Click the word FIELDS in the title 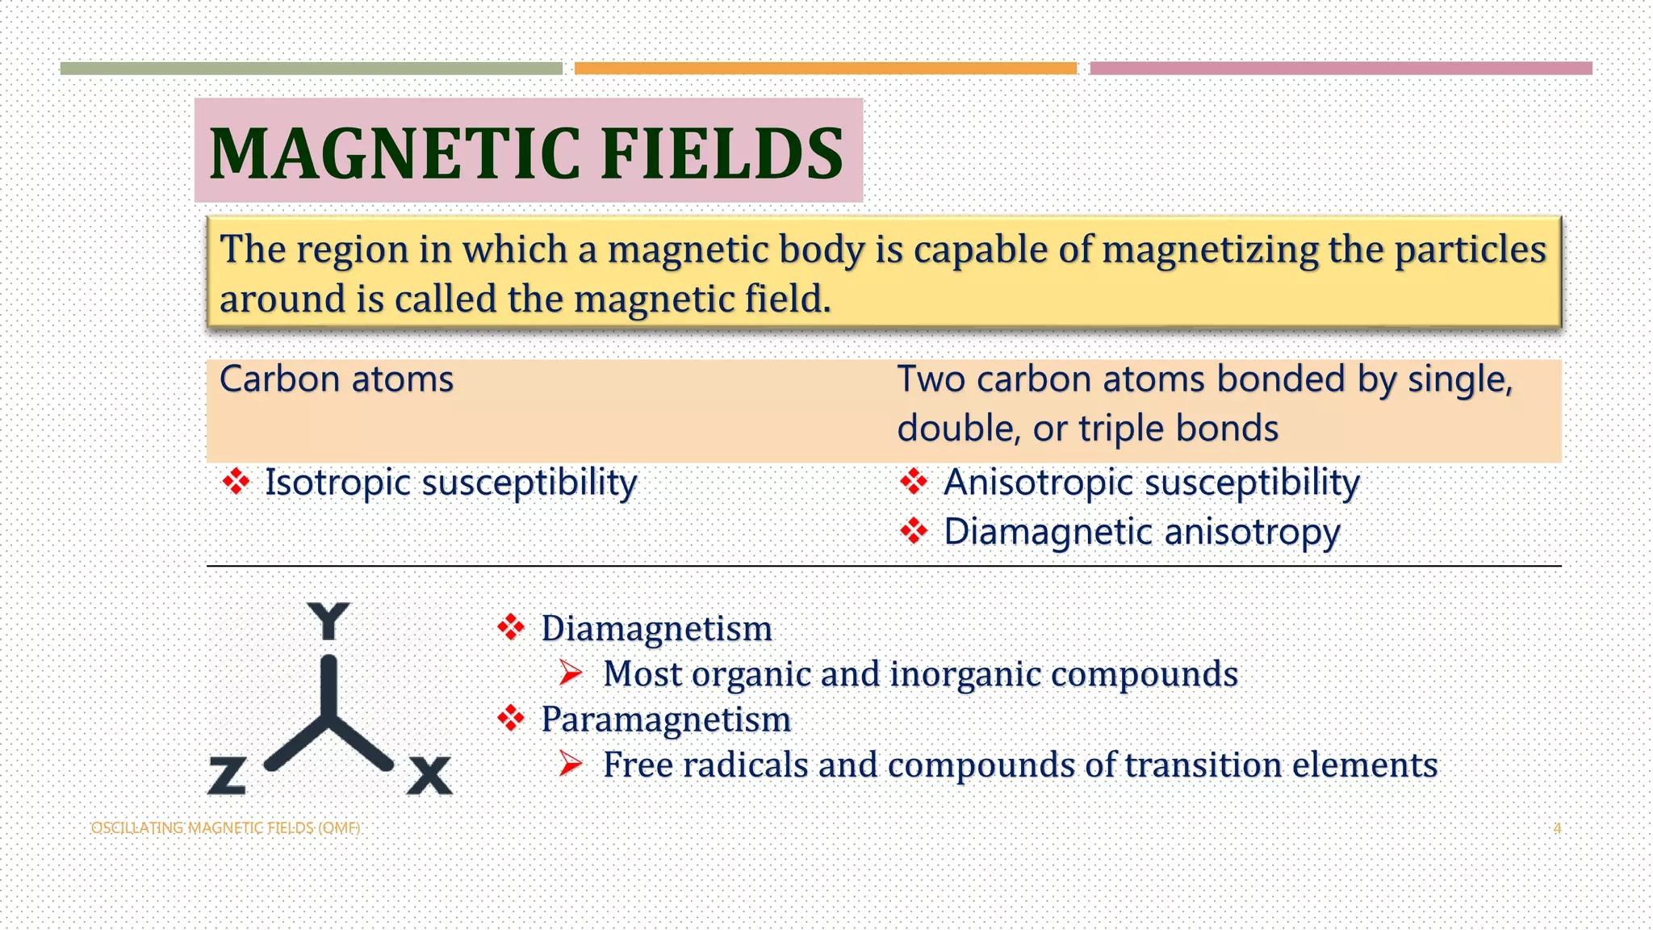tap(722, 153)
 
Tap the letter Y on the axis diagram tap(329, 621)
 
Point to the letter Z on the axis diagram tap(227, 776)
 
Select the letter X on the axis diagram tap(429, 776)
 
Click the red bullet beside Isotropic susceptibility tap(236, 482)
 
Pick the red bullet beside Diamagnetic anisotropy tap(914, 531)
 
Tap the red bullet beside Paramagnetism tap(511, 718)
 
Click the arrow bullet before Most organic tap(571, 672)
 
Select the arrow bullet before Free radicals tap(571, 764)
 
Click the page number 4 tap(1557, 828)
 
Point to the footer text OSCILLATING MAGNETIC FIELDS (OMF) tap(225, 828)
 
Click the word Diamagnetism tap(656, 629)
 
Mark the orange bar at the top tap(825, 69)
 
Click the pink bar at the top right tap(1341, 69)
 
